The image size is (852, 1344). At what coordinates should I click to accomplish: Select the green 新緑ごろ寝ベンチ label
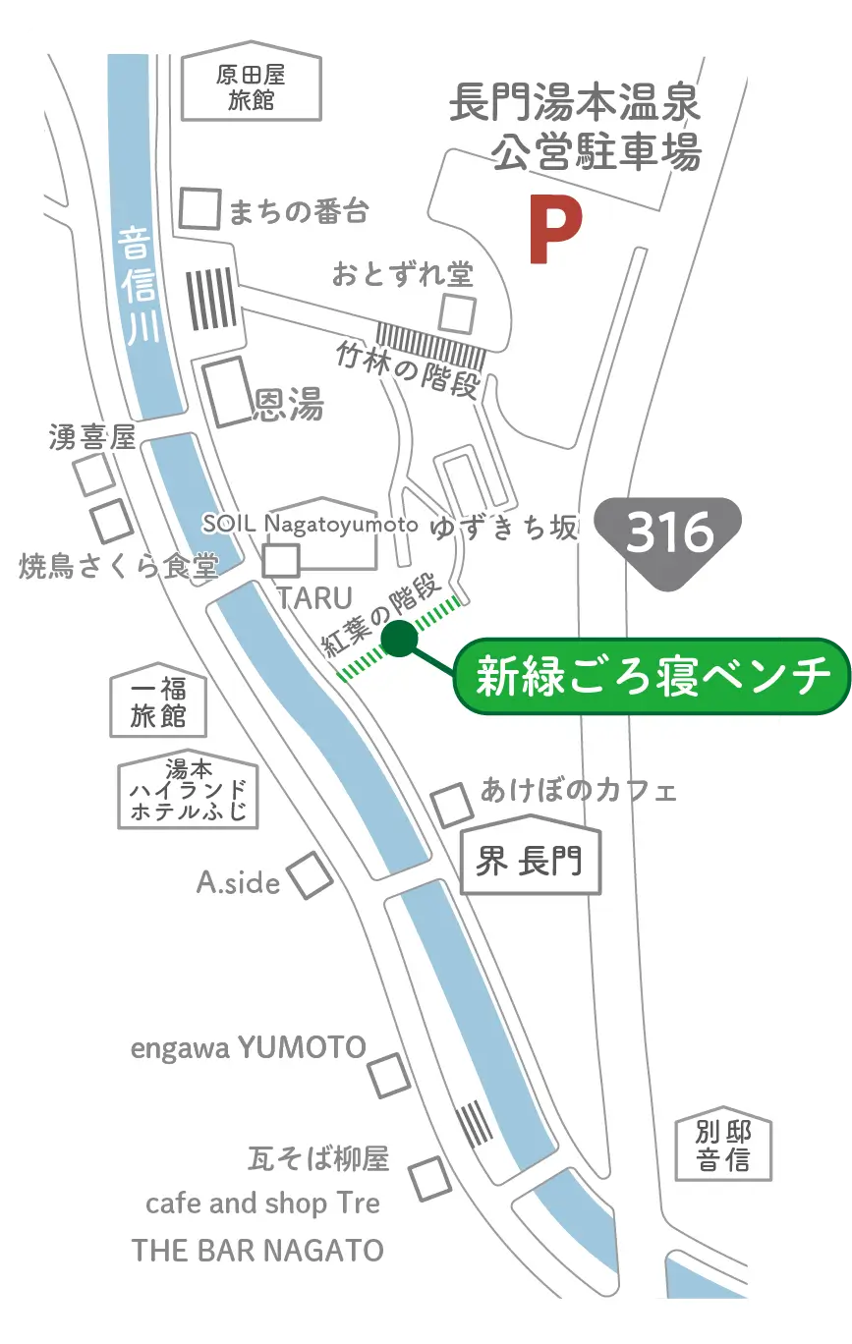[652, 677]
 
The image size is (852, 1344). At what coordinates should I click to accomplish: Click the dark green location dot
[397, 640]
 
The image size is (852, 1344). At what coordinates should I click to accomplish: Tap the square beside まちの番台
[200, 208]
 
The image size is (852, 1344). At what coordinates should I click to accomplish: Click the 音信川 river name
[140, 285]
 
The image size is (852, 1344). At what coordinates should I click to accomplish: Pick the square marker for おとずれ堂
[457, 313]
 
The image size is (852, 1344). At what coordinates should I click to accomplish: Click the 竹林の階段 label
[407, 368]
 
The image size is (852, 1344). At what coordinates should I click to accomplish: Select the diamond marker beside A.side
[310, 875]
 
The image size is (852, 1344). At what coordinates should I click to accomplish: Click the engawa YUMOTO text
[249, 1047]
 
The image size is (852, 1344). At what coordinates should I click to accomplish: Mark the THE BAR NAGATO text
[257, 1251]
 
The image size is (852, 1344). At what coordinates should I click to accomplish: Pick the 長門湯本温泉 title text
[574, 104]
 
